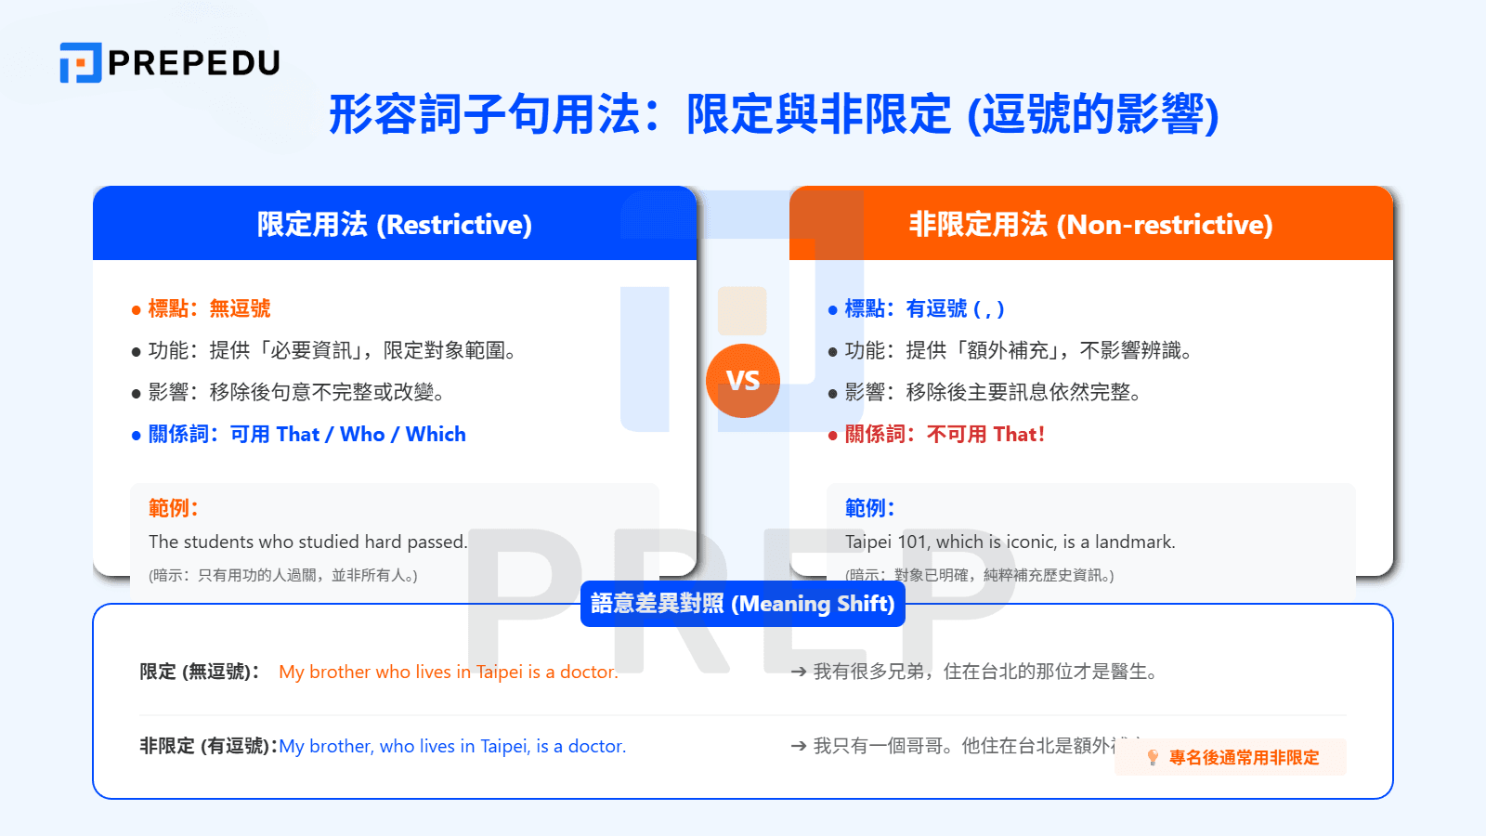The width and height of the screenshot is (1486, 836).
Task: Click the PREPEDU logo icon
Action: [x=80, y=62]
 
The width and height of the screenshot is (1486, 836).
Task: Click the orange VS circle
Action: [x=743, y=381]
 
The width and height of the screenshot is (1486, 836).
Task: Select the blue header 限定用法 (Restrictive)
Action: [x=394, y=224]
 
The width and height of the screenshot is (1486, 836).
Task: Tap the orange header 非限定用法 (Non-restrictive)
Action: [x=1090, y=224]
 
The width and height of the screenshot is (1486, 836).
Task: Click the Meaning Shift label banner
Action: [x=743, y=604]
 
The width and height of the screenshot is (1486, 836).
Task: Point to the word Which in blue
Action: [x=436, y=434]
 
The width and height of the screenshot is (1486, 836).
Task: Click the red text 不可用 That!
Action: [x=985, y=434]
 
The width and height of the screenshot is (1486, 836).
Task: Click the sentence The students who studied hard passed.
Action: [x=308, y=542]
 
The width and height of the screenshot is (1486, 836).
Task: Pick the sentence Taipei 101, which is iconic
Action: [x=1010, y=542]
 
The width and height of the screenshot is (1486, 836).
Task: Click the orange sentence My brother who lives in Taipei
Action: [x=448, y=672]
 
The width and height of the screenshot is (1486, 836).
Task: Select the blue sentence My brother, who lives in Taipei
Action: [x=452, y=746]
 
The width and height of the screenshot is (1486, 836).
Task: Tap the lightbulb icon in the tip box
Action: [x=1153, y=758]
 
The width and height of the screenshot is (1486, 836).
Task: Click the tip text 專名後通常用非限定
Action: [x=1244, y=758]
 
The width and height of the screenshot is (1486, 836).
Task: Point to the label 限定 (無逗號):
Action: [x=199, y=672]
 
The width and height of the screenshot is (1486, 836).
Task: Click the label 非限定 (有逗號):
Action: [x=208, y=746]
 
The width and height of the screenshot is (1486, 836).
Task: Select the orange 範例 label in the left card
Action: [x=173, y=508]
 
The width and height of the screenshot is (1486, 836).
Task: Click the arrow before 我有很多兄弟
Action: [x=798, y=672]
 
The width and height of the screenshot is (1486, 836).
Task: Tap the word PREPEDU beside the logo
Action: [x=193, y=62]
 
